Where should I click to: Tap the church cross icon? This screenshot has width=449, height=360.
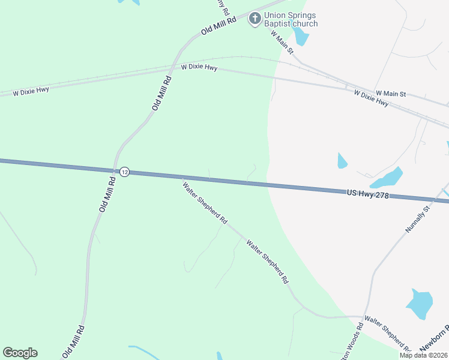(255, 19)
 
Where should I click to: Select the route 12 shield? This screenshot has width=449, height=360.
(124, 172)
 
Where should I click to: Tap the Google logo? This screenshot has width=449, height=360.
(20, 353)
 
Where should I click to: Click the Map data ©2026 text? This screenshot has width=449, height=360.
(424, 355)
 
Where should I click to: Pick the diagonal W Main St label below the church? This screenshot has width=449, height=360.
(282, 43)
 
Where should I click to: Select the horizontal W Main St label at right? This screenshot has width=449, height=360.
(391, 94)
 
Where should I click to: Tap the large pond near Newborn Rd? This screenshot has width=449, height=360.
(420, 304)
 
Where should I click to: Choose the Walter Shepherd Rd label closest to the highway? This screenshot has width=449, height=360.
(205, 202)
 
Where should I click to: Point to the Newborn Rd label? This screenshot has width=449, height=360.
(435, 340)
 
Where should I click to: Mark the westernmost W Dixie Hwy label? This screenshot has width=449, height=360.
(31, 91)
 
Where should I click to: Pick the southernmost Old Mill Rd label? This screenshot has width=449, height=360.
(74, 342)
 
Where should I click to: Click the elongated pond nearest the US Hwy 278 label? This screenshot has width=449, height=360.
(386, 178)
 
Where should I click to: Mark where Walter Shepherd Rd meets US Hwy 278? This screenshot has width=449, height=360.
(182, 178)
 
